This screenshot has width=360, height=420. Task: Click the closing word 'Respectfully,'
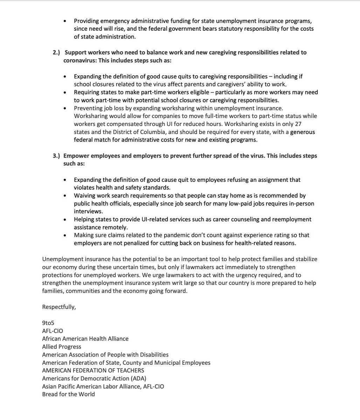[59, 307]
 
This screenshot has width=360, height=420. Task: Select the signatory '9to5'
[48, 323]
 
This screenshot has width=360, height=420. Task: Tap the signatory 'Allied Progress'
[62, 346]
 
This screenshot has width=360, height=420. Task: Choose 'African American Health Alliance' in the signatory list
[85, 338]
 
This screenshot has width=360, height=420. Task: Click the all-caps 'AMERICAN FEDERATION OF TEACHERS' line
[93, 370]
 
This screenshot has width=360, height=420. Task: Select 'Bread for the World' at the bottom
[68, 394]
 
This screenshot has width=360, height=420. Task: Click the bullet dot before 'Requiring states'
[65, 92]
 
